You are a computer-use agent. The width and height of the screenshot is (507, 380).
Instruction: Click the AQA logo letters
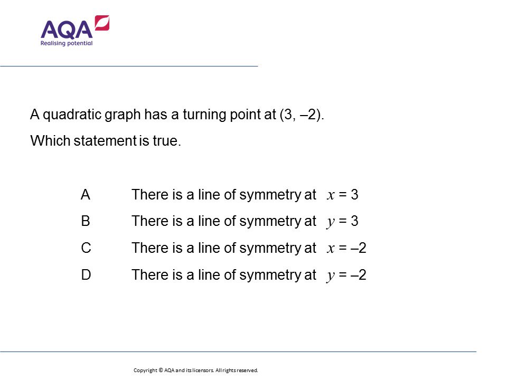66,30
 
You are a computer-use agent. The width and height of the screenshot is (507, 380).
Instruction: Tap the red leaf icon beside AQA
102,23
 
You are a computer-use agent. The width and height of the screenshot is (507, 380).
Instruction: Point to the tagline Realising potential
67,43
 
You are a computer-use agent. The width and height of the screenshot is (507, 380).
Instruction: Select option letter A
86,195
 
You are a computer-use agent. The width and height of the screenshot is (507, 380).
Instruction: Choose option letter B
86,221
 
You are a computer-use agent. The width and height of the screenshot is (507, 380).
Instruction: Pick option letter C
86,248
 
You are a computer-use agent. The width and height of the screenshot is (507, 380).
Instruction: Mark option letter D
86,274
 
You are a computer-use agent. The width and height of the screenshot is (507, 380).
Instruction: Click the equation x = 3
343,195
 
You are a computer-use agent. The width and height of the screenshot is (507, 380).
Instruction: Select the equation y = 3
343,221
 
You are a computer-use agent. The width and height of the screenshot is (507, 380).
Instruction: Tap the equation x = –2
346,248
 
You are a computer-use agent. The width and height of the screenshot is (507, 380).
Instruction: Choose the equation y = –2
346,274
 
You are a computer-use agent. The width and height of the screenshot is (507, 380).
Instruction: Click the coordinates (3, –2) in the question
299,115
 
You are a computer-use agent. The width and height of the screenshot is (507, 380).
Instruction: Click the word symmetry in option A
270,195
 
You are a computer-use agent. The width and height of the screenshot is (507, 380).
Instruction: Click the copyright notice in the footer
195,370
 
